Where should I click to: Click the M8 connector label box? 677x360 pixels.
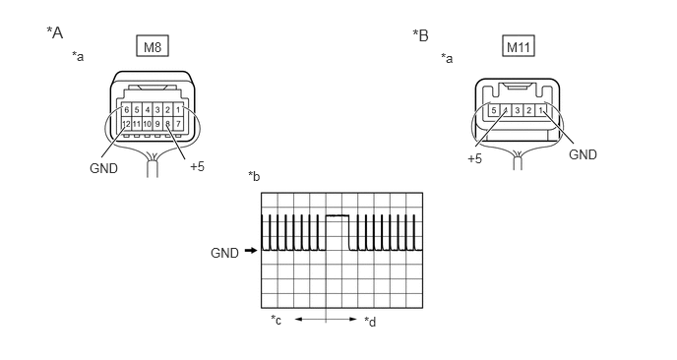click(153, 46)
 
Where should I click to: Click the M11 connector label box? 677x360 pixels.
click(519, 46)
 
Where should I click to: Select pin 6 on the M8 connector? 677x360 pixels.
click(127, 110)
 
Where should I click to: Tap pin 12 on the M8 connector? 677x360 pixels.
click(127, 124)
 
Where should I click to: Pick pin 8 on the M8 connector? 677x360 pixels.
click(167, 124)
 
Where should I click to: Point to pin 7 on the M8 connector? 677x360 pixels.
click(178, 124)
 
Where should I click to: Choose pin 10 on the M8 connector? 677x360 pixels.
click(148, 124)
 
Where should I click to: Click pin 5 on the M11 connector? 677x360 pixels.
click(494, 110)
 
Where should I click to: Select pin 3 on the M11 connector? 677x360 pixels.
click(518, 110)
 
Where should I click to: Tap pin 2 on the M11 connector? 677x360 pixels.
click(529, 110)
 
